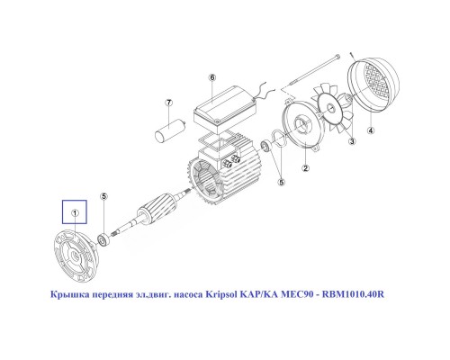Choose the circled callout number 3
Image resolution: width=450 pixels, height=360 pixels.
pyautogui.click(x=353, y=141)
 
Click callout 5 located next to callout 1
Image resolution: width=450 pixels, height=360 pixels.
pyautogui.click(x=103, y=196)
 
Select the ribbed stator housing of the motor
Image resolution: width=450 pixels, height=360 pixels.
pyautogui.click(x=220, y=175)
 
